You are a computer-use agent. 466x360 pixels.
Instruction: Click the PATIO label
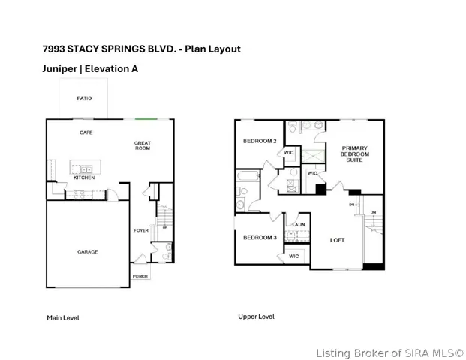[84, 98]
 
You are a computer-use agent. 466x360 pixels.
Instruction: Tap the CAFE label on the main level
[86, 133]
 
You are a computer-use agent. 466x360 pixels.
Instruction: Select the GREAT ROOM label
[143, 145]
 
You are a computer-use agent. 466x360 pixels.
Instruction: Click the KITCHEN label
[84, 178]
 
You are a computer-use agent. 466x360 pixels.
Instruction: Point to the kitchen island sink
[86, 169]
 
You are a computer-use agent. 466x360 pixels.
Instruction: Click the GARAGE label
[88, 251]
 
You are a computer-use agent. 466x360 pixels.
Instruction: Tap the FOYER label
[141, 230]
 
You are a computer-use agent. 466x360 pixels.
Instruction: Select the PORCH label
[140, 276]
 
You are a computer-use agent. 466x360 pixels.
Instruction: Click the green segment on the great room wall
[146, 119]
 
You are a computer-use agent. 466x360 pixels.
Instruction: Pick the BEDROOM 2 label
[260, 141]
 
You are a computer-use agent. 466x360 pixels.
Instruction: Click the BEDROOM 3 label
[260, 237]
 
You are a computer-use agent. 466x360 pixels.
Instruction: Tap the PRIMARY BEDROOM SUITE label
[354, 154]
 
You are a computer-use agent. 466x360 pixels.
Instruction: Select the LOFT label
[338, 240]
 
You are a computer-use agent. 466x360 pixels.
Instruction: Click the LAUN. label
[299, 225]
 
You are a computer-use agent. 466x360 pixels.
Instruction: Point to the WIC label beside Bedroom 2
[289, 153]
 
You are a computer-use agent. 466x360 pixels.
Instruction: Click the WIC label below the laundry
[294, 256]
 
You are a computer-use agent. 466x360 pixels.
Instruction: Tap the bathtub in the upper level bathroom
[248, 176]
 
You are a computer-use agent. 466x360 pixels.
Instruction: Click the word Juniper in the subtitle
[60, 69]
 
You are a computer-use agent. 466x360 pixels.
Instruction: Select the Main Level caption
[63, 318]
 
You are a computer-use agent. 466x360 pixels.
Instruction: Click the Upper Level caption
[256, 316]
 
